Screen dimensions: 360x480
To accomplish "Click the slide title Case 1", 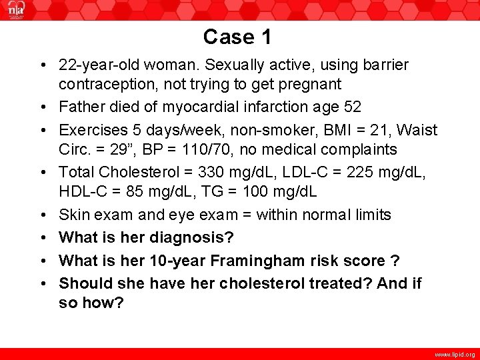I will [x=237, y=37].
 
